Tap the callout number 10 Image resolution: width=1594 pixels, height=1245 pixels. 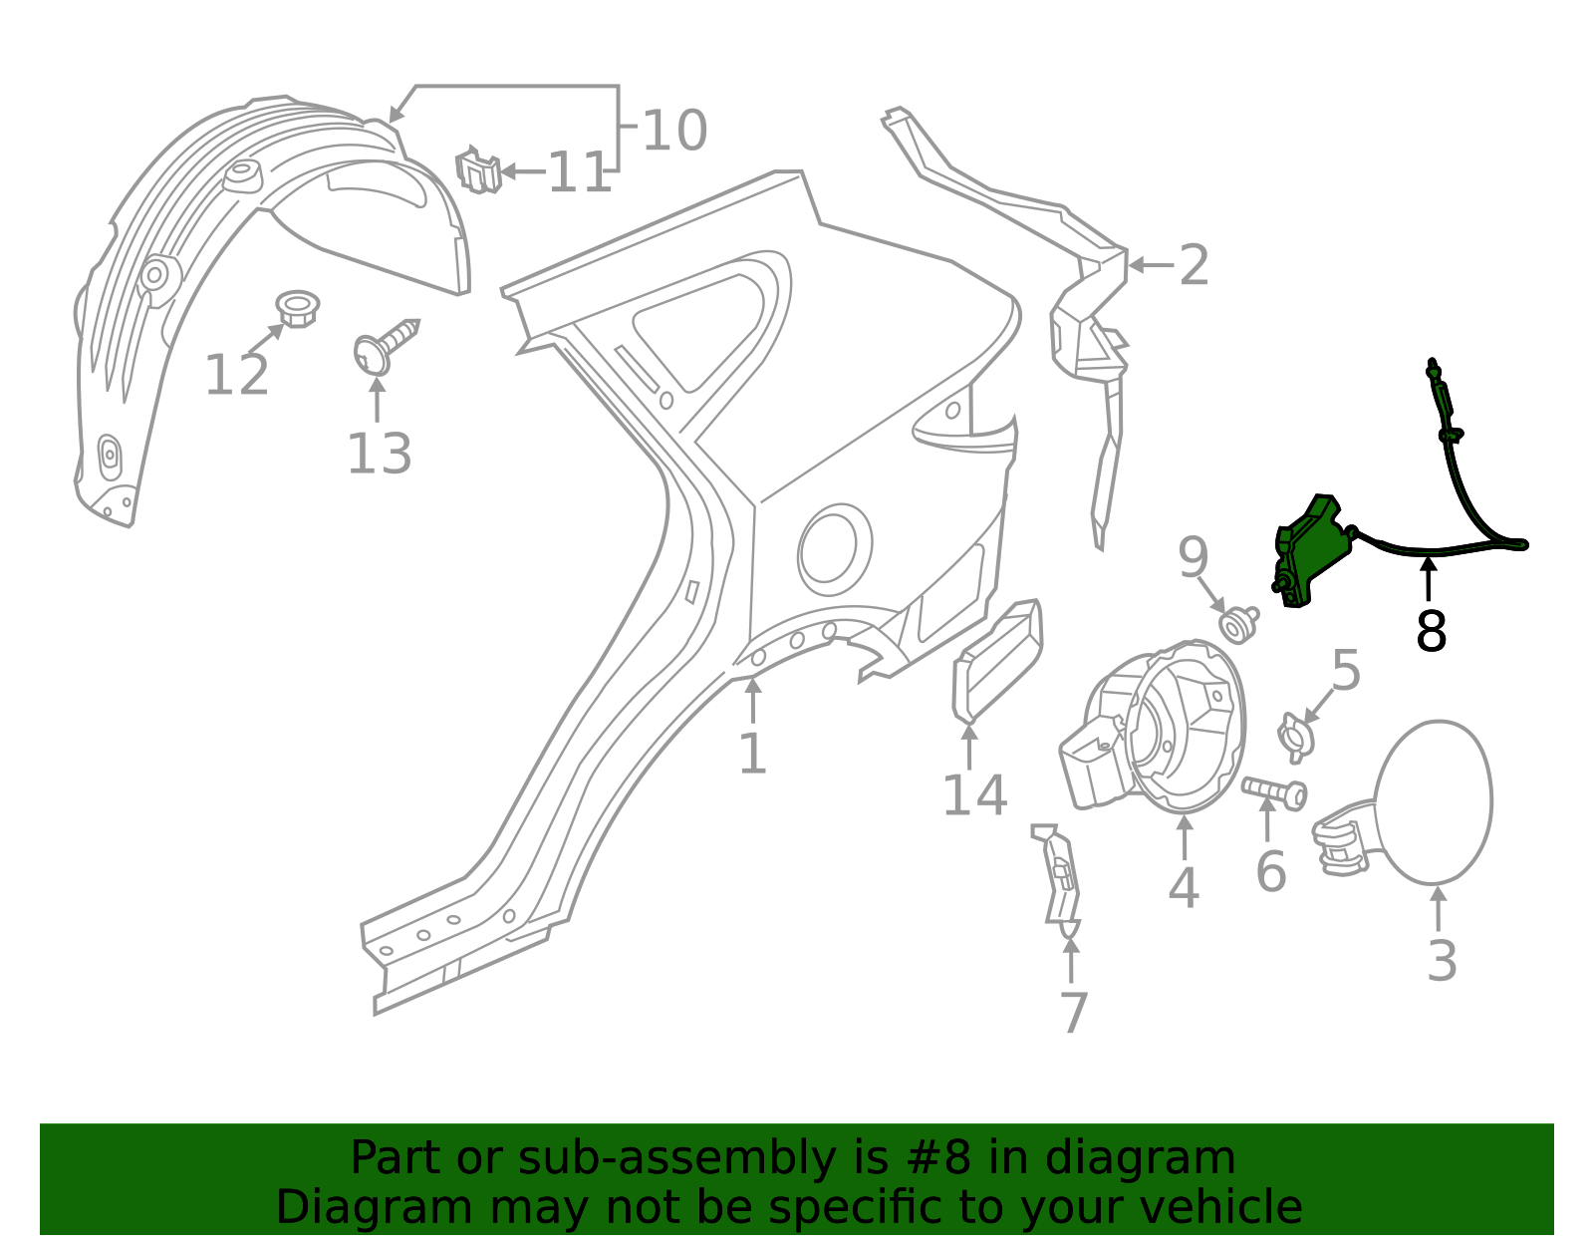point(674,131)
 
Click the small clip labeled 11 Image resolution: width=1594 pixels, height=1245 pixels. point(478,170)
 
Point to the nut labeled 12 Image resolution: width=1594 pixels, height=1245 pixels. point(296,308)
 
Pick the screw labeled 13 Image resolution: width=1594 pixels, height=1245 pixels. point(385,345)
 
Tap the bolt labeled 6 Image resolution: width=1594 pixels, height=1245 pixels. point(1274,792)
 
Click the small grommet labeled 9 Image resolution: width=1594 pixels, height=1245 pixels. point(1238,624)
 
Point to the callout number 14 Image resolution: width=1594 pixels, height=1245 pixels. point(974,795)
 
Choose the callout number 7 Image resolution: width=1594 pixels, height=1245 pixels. point(1073,1013)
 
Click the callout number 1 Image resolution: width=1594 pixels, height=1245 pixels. point(752,754)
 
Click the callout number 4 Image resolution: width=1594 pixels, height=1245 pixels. point(1183,888)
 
